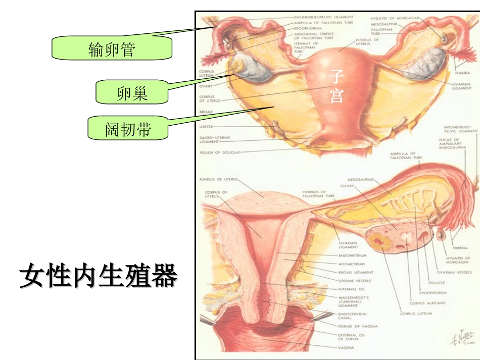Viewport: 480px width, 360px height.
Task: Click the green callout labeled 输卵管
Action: click(x=112, y=49)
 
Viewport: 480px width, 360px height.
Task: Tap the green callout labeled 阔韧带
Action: click(x=128, y=129)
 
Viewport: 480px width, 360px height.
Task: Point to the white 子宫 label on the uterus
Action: click(x=337, y=86)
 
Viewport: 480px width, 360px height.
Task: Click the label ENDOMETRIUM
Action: click(x=353, y=255)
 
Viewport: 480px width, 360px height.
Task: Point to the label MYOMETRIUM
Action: click(x=352, y=264)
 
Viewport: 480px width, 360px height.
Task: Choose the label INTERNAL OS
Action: click(x=350, y=289)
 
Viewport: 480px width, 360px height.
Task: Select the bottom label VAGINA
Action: click(x=346, y=348)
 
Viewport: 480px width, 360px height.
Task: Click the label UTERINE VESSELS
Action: click(x=355, y=281)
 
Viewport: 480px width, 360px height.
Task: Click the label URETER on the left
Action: click(x=206, y=126)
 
